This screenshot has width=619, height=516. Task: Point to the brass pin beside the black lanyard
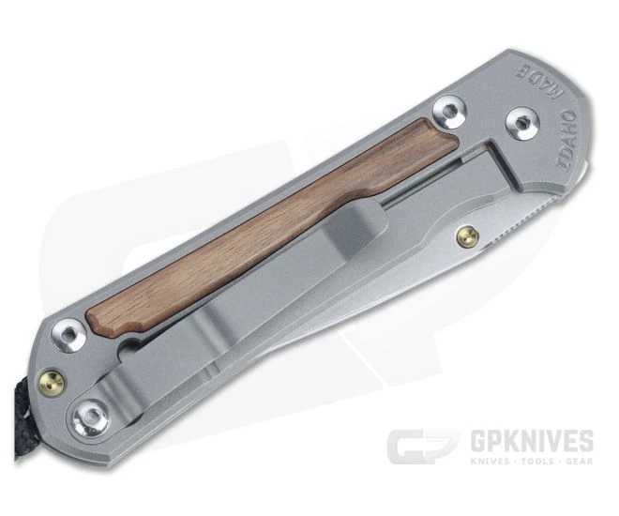(x=52, y=383)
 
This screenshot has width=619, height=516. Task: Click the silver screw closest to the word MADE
(x=449, y=112)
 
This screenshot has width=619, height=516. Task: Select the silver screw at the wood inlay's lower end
(x=68, y=335)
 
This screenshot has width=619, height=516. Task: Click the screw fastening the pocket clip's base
(x=90, y=417)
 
